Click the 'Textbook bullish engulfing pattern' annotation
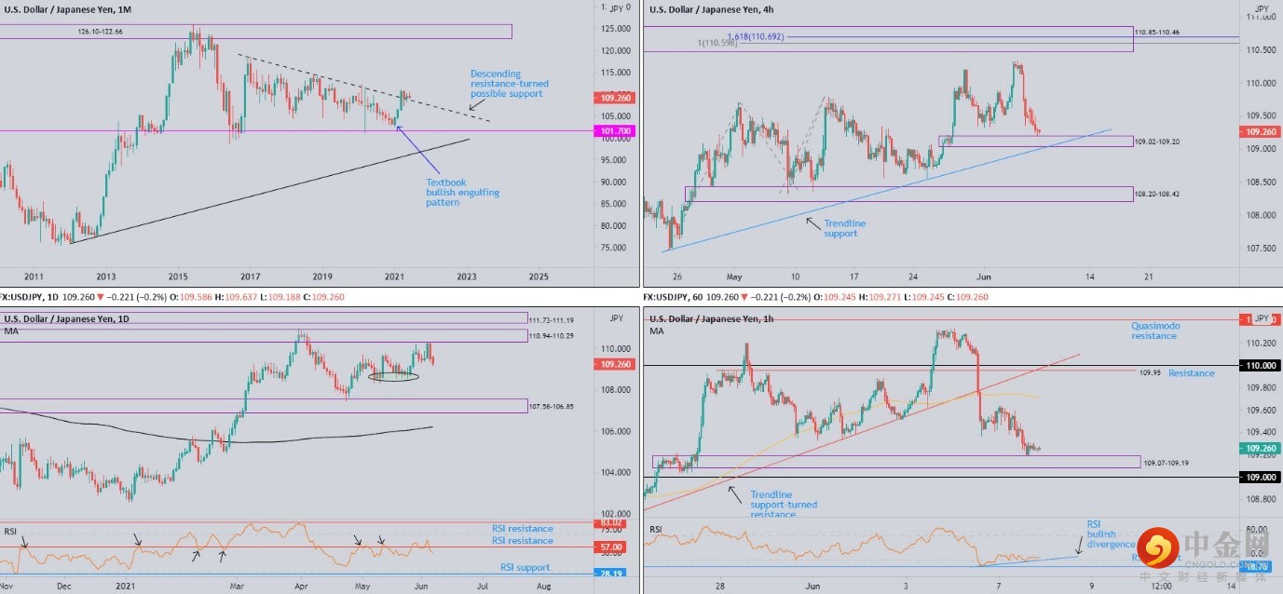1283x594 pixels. tap(462, 193)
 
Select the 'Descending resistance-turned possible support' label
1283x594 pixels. tap(506, 84)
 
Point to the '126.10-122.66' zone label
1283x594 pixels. tap(101, 32)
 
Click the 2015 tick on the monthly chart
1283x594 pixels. tap(178, 277)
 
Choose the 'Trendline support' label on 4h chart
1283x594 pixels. tap(844, 228)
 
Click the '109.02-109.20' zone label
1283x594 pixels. tap(1156, 142)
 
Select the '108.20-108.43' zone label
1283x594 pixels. tap(1156, 194)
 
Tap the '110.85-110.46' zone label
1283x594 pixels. tap(1157, 33)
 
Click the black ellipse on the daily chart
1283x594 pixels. tap(393, 376)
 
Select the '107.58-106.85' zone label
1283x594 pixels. tap(552, 406)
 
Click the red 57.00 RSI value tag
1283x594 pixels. tap(611, 547)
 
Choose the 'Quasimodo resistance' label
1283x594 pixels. tap(1153, 331)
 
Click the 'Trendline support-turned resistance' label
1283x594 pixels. tap(783, 505)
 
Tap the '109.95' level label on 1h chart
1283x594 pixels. tap(1151, 372)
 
